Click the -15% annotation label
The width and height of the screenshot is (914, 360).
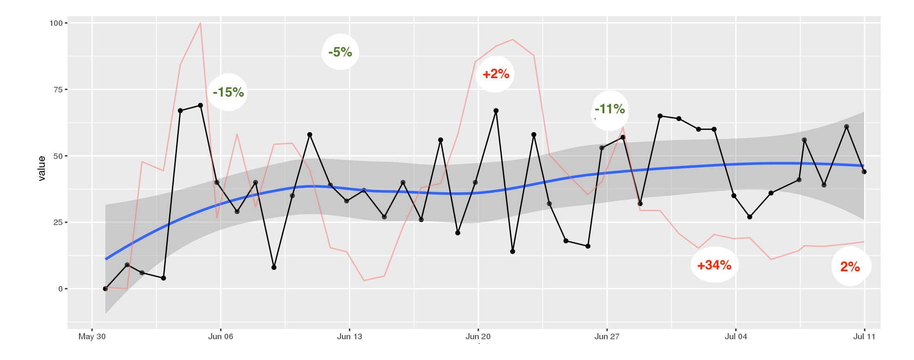point(228,92)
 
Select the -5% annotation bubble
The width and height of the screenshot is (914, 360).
point(340,52)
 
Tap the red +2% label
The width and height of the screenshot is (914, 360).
point(495,74)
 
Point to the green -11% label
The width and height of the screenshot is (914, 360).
point(609,110)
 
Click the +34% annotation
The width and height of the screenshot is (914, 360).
point(714,265)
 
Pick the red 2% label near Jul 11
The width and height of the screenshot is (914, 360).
point(850,267)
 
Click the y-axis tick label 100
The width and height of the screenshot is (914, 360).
point(56,23)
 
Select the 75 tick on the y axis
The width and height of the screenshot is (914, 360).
point(58,90)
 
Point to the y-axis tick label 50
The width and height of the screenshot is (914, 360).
point(58,156)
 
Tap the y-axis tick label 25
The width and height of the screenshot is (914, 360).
point(58,222)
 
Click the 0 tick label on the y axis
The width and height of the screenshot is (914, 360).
point(61,289)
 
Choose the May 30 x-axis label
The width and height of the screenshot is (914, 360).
point(92,336)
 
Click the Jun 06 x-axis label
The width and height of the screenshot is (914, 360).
point(221,336)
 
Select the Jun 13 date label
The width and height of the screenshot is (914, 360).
point(350,336)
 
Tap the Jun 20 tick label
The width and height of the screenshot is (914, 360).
point(478,336)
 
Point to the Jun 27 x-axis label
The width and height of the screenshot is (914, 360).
point(607,336)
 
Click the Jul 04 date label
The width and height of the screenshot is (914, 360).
point(736,336)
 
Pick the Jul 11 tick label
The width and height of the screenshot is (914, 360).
point(864,336)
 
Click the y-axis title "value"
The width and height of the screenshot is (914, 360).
point(42,168)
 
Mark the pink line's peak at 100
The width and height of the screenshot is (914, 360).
point(200,23)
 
